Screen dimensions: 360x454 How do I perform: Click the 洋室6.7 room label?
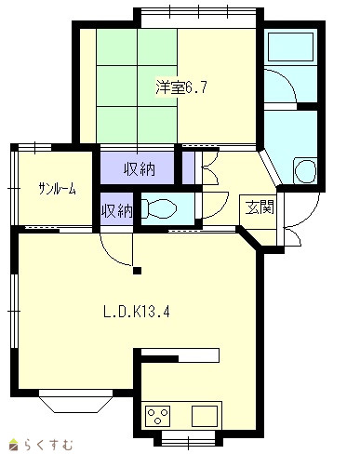pos(181,87)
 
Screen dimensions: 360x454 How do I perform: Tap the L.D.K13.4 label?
pos(137,312)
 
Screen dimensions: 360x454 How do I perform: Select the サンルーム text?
pos(57,188)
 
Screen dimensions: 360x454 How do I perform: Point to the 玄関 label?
pos(260,207)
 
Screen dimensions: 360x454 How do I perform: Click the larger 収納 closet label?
pos(140,169)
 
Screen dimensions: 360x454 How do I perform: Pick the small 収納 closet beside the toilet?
pos(117,211)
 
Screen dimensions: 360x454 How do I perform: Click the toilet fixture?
pos(159,208)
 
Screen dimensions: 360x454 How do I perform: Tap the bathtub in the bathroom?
pos(290,47)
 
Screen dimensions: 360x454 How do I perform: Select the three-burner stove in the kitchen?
pos(158,416)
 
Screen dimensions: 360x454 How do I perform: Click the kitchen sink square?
pos(205,416)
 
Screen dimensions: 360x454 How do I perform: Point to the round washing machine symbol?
pos(305,171)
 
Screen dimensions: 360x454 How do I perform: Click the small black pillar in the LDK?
pos(137,271)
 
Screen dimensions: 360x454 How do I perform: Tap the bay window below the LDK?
pos(75,401)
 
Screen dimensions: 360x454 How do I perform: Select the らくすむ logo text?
pos(49,446)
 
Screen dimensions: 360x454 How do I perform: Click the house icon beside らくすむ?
pos(14,446)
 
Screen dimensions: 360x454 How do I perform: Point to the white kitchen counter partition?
pos(180,355)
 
